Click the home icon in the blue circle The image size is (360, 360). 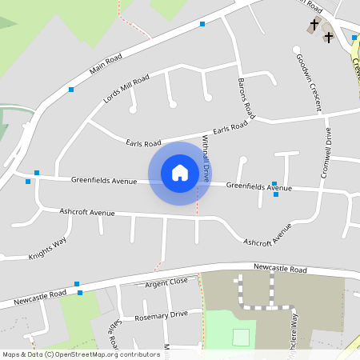coord(180,173)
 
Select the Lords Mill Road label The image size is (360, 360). coord(126,90)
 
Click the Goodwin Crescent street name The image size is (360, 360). coord(309,82)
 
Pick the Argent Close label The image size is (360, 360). coord(166,282)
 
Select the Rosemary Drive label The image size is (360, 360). coord(162,314)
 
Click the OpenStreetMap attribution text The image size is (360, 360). coord(81,354)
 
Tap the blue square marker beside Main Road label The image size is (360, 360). coord(71,89)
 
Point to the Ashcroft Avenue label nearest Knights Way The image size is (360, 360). coord(87,213)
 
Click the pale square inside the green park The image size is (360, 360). coord(241,337)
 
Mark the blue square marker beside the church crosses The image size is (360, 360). coord(354,38)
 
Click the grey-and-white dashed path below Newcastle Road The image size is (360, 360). coord(268,306)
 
